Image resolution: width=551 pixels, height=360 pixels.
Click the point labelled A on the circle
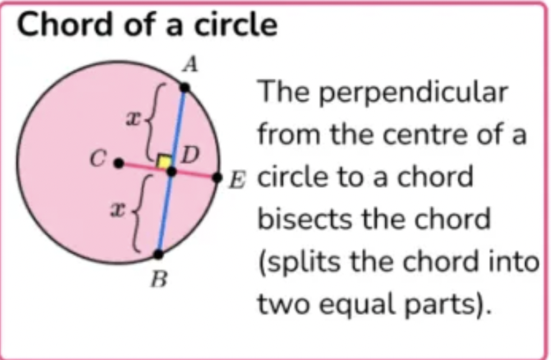(185, 87)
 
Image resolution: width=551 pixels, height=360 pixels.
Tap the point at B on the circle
(159, 253)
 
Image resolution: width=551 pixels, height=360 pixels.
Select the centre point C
(119, 164)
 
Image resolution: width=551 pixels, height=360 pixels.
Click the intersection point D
(171, 171)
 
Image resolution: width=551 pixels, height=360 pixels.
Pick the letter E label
(235, 180)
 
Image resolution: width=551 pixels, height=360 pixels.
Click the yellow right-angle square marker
(165, 163)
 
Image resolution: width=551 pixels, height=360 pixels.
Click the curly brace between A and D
(153, 120)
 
